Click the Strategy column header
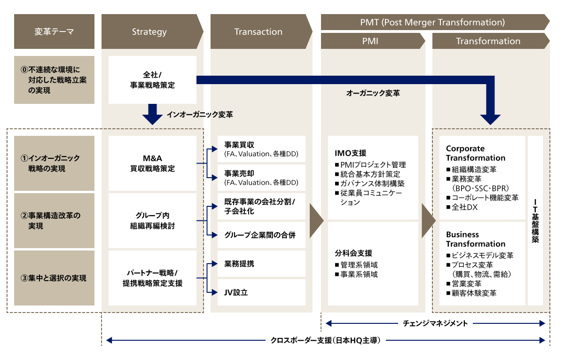[x=149, y=32]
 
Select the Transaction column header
[x=258, y=32]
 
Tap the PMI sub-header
[x=370, y=41]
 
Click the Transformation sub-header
[x=488, y=41]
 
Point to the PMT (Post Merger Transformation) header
[x=432, y=22]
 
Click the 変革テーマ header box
[x=54, y=32]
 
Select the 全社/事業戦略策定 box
[x=152, y=80]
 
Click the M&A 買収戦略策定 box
[x=152, y=163]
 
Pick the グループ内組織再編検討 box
[x=152, y=221]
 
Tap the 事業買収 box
[x=261, y=149]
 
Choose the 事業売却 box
[x=261, y=178]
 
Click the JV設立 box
[x=261, y=292]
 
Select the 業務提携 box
[x=261, y=264]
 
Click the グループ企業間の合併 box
[x=261, y=235]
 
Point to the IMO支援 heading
[x=350, y=153]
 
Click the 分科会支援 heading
[x=353, y=253]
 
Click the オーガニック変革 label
[x=373, y=94]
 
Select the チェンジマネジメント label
[x=435, y=323]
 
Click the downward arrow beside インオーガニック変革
[x=152, y=114]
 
